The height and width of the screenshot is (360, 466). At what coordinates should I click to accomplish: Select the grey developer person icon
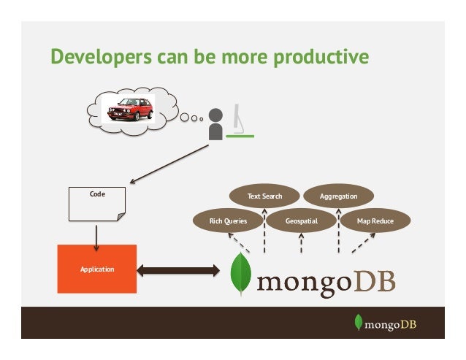215,124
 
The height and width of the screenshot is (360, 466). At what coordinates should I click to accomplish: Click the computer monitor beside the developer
240,123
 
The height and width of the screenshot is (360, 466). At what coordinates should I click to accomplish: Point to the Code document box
96,204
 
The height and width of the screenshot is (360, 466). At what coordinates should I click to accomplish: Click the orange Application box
97,269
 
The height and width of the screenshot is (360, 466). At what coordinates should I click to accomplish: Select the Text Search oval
264,196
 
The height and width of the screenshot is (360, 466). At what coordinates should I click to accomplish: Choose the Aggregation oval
339,196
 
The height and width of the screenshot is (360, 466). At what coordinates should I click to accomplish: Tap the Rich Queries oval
228,220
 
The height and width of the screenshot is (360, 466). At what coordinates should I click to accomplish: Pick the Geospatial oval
300,220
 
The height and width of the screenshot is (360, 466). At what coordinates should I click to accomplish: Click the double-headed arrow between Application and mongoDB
178,272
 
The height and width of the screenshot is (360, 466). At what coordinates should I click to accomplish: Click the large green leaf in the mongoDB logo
240,274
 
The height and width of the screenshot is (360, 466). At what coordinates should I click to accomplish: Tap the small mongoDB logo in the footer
384,323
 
